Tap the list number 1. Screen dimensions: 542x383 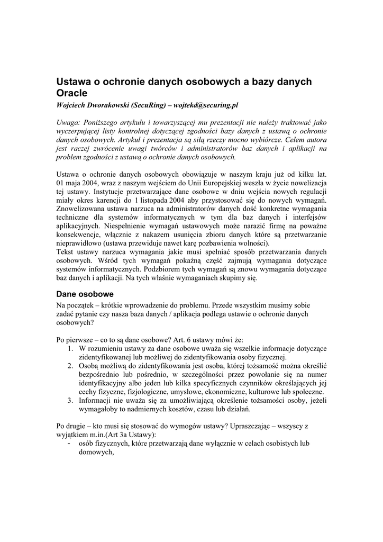pyautogui.click(x=70, y=348)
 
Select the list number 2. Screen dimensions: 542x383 pyautogui.click(x=70, y=366)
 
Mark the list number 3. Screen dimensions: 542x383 pyautogui.click(x=70, y=401)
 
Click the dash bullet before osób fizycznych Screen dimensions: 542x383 pyautogui.click(x=70, y=444)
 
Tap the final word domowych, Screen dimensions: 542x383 pyautogui.click(x=96, y=453)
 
